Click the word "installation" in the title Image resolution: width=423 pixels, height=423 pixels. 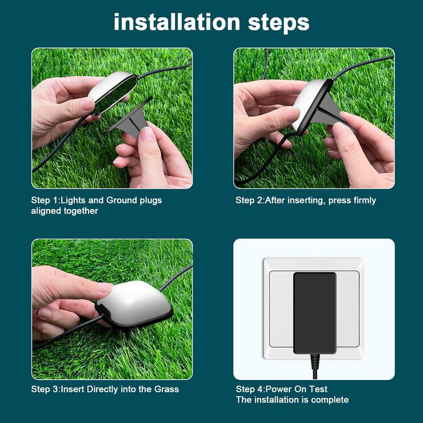pos(177,22)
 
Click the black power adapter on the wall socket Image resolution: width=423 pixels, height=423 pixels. pos(314,313)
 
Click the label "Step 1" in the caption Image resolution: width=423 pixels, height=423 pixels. pos(45,201)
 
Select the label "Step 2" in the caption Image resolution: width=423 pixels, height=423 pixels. pos(249,201)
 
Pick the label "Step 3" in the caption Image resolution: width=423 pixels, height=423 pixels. pos(45,389)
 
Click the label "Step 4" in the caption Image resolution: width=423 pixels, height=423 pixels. pos(250,389)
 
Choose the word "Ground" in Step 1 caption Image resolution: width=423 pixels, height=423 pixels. pos(121,201)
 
